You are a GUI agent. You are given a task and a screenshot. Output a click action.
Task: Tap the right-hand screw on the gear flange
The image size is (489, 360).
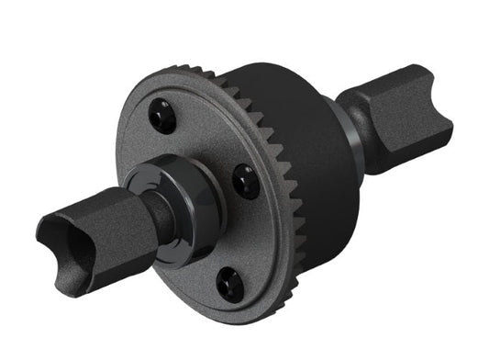(246, 180)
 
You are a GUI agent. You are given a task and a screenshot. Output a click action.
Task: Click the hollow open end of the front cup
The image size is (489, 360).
(64, 235)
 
